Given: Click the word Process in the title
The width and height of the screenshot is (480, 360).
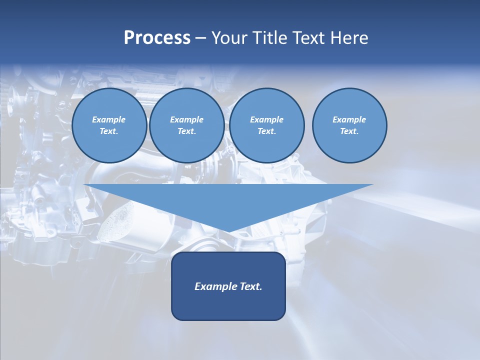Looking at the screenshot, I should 157,38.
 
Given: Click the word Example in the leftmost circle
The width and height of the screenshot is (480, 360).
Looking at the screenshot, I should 109,119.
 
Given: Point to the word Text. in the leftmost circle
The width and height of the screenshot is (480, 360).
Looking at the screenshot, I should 109,131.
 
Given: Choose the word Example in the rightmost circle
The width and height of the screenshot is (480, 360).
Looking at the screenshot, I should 349,119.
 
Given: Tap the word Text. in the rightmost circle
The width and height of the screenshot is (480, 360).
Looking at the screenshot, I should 349,131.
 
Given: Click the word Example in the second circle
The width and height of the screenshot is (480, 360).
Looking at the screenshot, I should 187,119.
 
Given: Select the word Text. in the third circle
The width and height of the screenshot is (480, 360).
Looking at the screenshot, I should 267,131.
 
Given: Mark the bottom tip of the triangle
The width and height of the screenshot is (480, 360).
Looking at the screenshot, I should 228,231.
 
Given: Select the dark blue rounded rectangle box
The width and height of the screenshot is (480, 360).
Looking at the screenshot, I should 228,305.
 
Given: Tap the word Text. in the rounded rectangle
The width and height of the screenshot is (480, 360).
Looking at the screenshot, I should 250,286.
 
